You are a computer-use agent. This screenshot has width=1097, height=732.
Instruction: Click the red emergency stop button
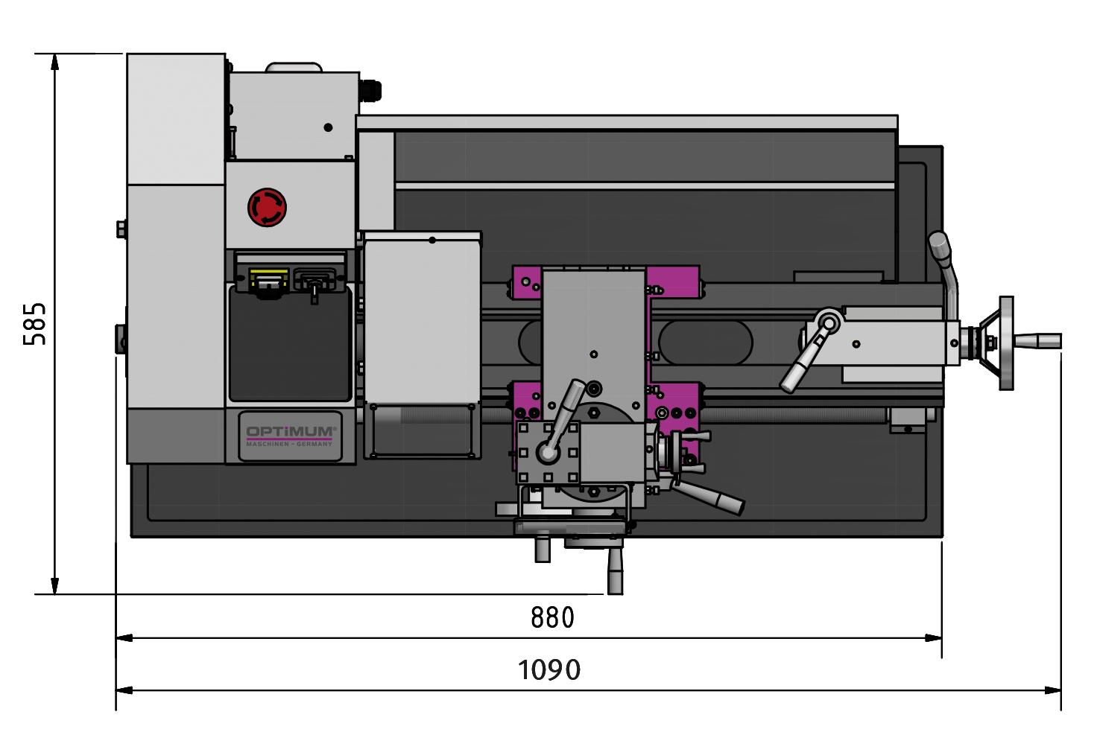point(267,208)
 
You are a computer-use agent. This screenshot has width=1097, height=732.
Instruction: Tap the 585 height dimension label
point(35,324)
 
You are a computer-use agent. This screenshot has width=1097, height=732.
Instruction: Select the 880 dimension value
point(552,617)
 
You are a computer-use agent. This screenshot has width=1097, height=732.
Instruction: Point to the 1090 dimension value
point(549,670)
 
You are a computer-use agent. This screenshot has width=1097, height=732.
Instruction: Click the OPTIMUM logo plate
point(290,436)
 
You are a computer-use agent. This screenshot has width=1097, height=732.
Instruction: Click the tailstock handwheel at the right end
point(1006,343)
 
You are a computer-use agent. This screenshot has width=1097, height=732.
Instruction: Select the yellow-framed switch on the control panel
point(268,283)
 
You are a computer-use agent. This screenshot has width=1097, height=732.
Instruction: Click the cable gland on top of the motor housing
point(370,91)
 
